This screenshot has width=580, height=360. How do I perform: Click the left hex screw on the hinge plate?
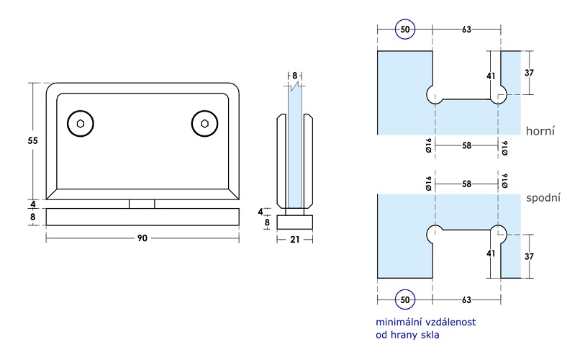(x=81, y=124)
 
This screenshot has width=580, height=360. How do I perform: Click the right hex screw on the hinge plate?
(x=205, y=124)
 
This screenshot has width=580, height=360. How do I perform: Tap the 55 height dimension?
(x=33, y=140)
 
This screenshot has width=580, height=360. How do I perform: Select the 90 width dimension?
(x=142, y=238)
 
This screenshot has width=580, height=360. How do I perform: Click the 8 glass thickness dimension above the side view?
(x=295, y=75)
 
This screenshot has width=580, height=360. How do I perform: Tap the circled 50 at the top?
(x=405, y=30)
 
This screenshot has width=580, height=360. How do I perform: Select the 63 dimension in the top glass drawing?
(x=466, y=30)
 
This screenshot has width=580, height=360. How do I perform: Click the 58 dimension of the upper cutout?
(x=466, y=146)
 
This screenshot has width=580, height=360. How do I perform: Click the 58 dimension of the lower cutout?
(x=466, y=184)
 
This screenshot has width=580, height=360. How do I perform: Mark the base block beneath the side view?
(x=295, y=220)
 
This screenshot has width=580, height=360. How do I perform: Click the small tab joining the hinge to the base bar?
(x=142, y=204)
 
